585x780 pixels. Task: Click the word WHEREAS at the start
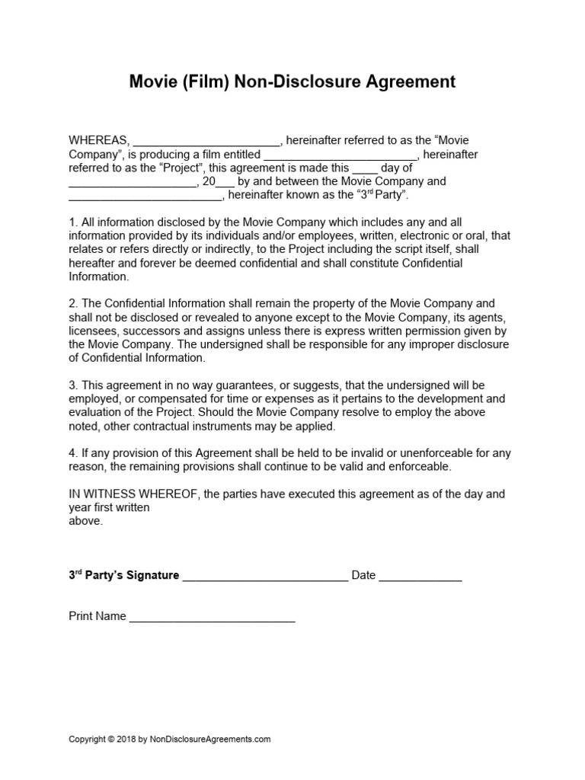[99, 141]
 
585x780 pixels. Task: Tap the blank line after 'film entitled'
[340, 156]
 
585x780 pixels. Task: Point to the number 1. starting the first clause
[73, 222]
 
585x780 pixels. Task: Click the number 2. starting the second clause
[73, 303]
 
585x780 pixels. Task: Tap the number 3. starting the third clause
[73, 385]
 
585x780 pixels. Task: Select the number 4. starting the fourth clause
[73, 452]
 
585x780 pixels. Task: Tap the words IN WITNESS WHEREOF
[133, 494]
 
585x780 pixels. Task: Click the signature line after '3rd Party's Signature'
[265, 577]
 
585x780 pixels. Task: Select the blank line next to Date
[420, 577]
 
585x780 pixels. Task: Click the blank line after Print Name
[212, 619]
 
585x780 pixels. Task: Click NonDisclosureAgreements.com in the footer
[210, 739]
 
